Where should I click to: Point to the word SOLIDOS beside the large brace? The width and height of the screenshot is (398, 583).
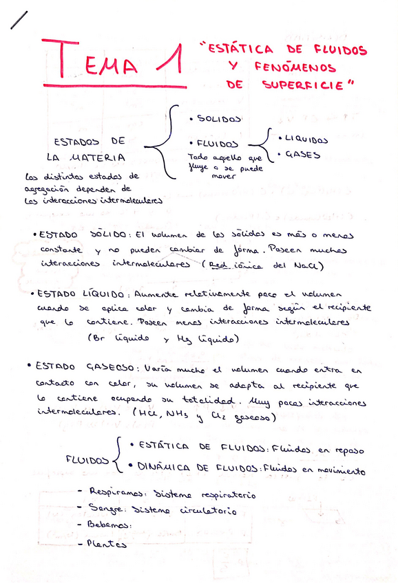tap(219, 119)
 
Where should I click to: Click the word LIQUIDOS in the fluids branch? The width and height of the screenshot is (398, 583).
tap(307, 140)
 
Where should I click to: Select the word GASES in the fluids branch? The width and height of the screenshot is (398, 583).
tap(303, 155)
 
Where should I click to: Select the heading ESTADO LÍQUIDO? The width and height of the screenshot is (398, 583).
tap(87, 294)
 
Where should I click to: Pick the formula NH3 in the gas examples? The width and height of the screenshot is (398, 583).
tap(183, 417)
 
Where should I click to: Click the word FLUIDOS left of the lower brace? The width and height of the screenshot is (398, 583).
tap(87, 459)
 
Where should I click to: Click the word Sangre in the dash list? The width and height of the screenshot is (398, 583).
tap(107, 509)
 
